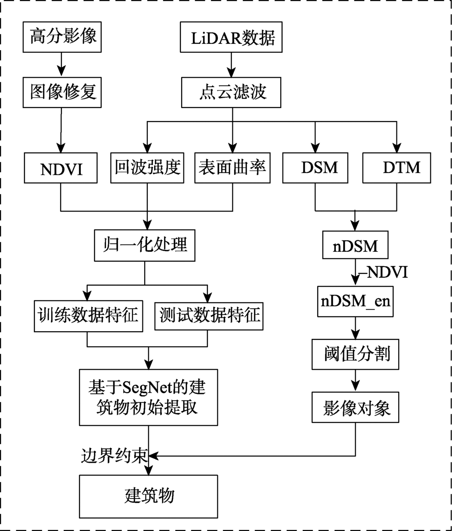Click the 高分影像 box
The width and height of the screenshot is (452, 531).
click(x=62, y=37)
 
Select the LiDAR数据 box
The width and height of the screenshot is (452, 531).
click(x=231, y=37)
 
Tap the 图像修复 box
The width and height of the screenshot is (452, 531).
click(x=62, y=93)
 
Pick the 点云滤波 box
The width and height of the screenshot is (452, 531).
click(x=231, y=93)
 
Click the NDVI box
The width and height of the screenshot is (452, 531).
click(x=61, y=168)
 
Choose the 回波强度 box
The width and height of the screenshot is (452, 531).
click(x=147, y=168)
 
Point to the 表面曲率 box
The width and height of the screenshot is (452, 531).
click(x=232, y=168)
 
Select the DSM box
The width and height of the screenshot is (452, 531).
click(x=315, y=168)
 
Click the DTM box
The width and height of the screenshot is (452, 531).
click(x=397, y=168)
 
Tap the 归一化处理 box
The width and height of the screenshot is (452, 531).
click(x=145, y=245)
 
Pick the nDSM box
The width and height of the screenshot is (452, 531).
click(x=355, y=245)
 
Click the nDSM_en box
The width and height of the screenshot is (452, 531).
click(x=355, y=301)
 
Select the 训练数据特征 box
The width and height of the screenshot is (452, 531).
click(x=89, y=316)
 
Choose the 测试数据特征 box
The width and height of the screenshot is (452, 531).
click(x=209, y=316)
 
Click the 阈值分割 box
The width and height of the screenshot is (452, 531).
click(x=355, y=354)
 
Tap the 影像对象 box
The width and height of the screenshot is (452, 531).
click(x=355, y=407)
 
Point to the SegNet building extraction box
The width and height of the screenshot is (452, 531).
click(x=148, y=398)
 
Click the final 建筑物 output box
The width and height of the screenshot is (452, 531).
click(x=148, y=497)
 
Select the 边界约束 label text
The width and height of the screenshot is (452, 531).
click(x=114, y=456)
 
